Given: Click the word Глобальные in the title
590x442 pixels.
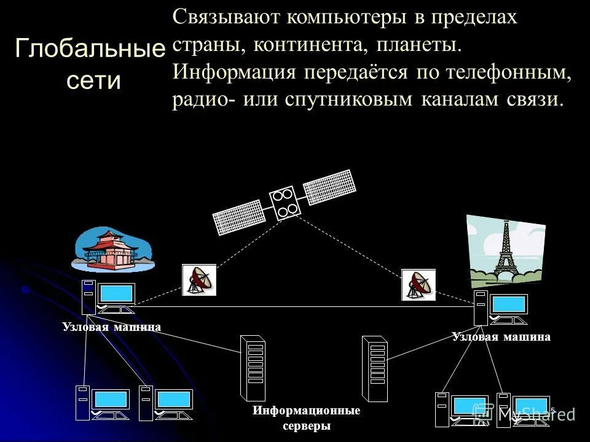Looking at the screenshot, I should tap(90, 48).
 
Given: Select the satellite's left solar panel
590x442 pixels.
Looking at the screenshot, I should tap(240, 216).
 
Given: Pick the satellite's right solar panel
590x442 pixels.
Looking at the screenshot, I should tap(330, 186).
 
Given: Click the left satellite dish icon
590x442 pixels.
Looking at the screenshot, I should tap(199, 280).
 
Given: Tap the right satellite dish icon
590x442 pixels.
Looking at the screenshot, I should tap(419, 285).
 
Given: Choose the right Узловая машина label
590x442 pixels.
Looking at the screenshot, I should tap(502, 336).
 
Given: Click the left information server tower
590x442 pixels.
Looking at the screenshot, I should tap(253, 368).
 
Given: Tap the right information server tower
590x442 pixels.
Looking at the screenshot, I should tap(375, 368).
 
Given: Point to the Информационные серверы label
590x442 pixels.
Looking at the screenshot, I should tap(307, 418).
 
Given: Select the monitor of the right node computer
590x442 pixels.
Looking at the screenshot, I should tap(508, 304).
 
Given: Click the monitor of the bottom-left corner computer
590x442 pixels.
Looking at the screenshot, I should tap(111, 400).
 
